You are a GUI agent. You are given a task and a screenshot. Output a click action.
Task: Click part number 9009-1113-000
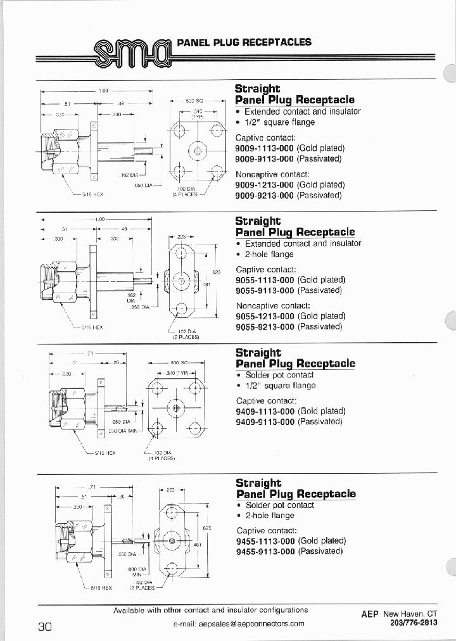click(264, 148)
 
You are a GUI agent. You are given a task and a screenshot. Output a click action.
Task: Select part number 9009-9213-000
click(264, 196)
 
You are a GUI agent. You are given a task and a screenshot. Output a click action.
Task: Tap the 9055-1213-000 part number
click(265, 316)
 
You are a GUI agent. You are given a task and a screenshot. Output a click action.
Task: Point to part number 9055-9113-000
click(265, 290)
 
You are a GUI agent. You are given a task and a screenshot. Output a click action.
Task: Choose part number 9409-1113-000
click(265, 411)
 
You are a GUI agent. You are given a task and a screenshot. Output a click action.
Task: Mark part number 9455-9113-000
click(265, 551)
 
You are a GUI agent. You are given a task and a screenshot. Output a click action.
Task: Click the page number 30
click(45, 626)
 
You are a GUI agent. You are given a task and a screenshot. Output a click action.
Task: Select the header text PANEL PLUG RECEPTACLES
click(244, 42)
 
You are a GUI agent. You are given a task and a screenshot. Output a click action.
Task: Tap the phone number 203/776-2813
click(410, 623)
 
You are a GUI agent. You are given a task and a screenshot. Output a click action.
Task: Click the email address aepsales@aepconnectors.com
click(239, 623)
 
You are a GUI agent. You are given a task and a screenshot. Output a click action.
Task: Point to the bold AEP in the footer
click(370, 614)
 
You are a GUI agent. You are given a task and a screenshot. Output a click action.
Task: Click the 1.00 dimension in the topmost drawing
click(104, 91)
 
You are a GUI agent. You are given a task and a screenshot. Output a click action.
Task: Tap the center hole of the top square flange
click(198, 151)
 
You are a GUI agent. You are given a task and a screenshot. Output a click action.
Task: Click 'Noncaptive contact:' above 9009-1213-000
click(272, 174)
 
